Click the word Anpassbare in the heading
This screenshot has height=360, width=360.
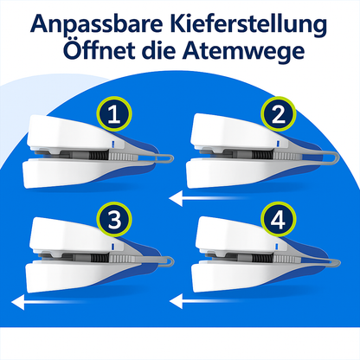tap(97, 23)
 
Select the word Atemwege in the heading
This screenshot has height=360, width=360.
tap(243, 51)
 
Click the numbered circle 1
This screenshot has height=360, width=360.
tap(114, 114)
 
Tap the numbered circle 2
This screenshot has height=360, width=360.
tap(279, 114)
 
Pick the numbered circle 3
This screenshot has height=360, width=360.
tap(114, 219)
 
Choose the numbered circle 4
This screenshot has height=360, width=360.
tap(279, 219)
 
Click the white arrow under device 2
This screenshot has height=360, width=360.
tap(209, 199)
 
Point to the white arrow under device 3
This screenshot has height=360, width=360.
tap(49, 303)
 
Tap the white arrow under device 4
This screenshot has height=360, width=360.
tap(209, 302)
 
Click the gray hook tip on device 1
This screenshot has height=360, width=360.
tap(171, 158)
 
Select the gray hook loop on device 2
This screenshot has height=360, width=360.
tap(335, 158)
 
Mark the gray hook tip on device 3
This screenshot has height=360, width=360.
tap(172, 260)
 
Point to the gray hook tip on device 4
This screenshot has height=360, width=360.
tap(338, 262)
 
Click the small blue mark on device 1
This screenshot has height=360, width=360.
tap(112, 144)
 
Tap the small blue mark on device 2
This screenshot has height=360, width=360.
tap(278, 143)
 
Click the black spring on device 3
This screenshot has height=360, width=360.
tap(100, 258)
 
